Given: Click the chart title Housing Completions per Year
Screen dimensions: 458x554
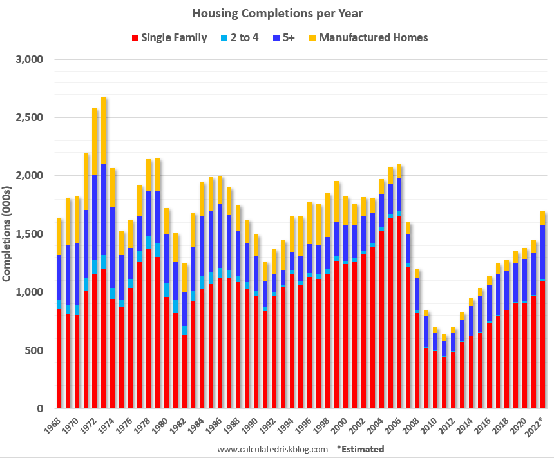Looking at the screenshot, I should click(x=276, y=13).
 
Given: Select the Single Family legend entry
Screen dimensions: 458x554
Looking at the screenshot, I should click(x=171, y=37).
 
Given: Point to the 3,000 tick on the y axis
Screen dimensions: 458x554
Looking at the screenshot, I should click(x=28, y=59).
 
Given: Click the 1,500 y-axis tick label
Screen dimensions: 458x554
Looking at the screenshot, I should click(x=28, y=234).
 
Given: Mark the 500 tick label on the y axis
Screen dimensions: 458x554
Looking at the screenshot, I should click(x=33, y=350).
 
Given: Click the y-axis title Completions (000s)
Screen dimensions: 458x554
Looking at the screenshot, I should click(x=7, y=234).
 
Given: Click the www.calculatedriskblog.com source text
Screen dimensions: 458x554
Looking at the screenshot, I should click(x=272, y=449).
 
